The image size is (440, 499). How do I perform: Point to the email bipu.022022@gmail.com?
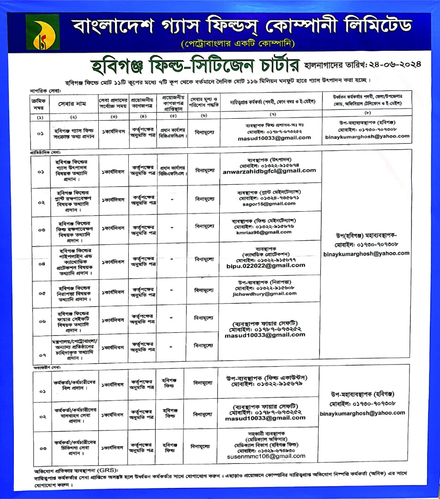(x=272, y=265)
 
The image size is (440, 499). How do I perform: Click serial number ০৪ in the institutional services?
(x=42, y=265)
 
